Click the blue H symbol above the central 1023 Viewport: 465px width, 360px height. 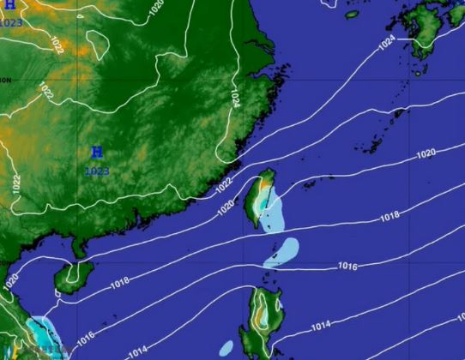click(97, 153)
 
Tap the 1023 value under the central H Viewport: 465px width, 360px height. click(97, 171)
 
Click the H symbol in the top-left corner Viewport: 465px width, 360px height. click(9, 5)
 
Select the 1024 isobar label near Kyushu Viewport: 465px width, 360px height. click(387, 43)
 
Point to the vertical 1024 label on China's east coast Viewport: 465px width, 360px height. click(234, 97)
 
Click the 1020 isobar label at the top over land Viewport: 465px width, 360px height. click(154, 8)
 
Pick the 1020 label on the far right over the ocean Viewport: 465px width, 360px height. click(426, 154)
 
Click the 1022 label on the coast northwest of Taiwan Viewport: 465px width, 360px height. click(223, 184)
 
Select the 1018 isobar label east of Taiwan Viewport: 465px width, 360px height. click(390, 217)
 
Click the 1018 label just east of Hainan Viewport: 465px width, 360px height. click(119, 281)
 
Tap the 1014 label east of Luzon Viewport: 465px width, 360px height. click(320, 326)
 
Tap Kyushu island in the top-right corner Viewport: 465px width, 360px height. click(429, 30)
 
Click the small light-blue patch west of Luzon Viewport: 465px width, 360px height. click(226, 348)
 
